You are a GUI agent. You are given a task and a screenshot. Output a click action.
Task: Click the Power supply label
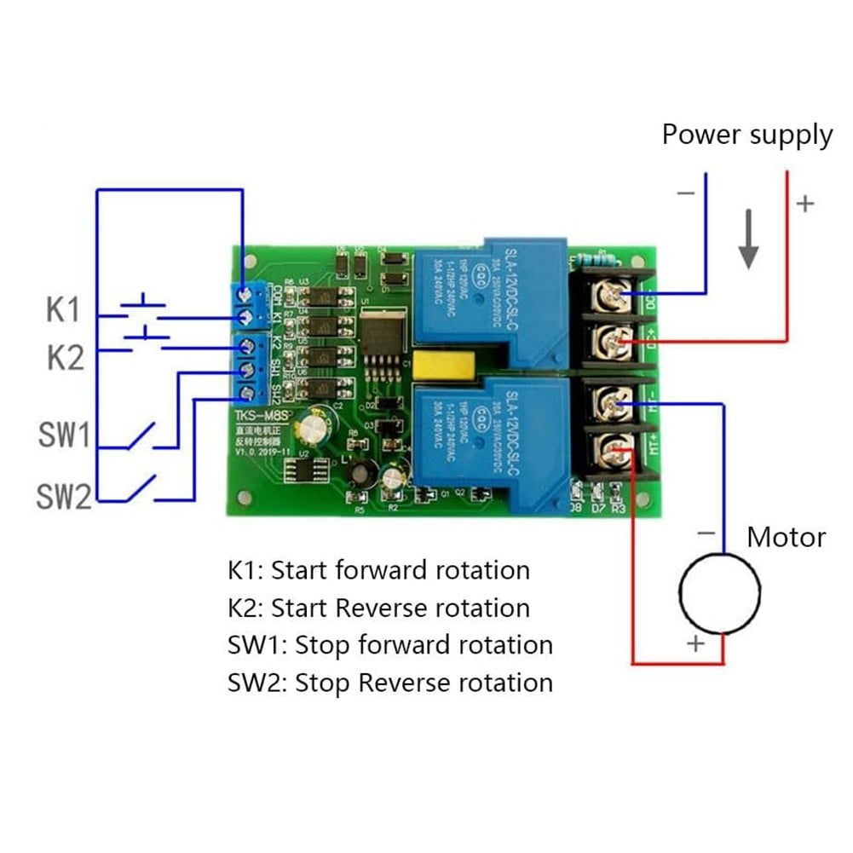point(746,135)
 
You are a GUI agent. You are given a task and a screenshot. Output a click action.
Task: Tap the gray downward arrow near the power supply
point(749,244)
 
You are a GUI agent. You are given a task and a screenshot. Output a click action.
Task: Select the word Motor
point(786,538)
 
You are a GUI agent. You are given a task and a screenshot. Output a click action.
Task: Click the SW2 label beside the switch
point(63,495)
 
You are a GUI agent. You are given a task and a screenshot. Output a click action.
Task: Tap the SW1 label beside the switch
point(64,437)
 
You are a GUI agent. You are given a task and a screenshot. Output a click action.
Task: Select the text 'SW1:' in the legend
point(256,645)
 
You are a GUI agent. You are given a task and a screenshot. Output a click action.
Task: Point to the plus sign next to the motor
point(695,643)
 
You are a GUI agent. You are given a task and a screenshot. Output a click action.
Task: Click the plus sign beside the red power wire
point(804,204)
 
